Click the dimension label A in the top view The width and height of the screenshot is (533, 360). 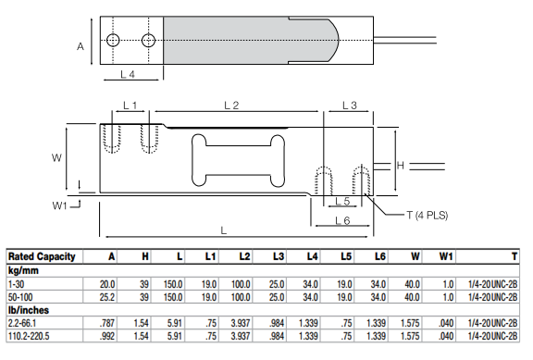click(81, 44)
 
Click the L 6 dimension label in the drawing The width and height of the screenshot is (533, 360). click(341, 221)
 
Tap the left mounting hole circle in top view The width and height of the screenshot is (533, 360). click(113, 41)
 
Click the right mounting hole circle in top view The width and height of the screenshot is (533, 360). click(148, 41)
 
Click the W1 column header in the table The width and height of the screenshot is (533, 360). click(446, 256)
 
